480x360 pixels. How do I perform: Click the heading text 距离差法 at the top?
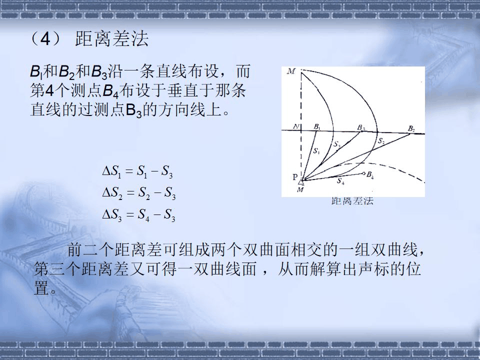pos(112,39)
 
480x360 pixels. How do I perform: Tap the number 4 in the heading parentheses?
pos(45,39)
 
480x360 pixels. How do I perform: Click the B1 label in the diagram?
pos(317,126)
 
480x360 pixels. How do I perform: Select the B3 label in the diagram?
pos(361,127)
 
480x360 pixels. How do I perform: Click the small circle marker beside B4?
pos(363,174)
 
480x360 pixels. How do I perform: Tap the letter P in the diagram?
pos(295,177)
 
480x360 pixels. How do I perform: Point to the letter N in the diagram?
pos(296,126)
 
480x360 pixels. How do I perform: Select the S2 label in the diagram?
pos(381,141)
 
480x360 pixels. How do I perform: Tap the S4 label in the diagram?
pos(340,181)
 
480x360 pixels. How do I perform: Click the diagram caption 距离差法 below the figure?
pos(352,201)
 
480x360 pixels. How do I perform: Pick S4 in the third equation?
pos(144,216)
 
